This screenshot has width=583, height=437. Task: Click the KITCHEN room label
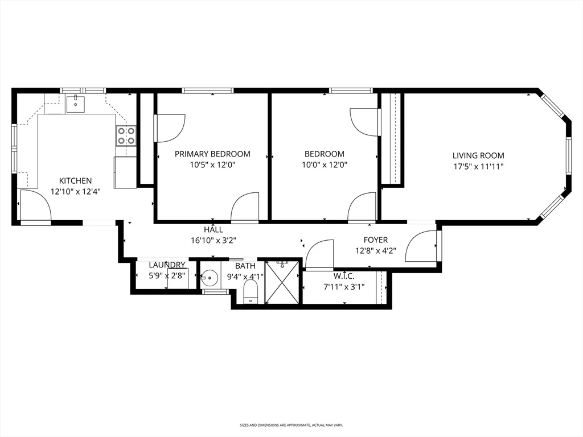[x=76, y=180]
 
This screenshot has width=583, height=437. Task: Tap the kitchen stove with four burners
[x=126, y=135]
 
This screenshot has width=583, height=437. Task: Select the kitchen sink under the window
[x=76, y=104]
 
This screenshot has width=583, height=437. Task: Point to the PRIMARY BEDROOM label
[x=212, y=154]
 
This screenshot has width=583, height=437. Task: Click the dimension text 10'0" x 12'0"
[x=324, y=164]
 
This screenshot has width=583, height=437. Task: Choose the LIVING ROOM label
[x=478, y=156]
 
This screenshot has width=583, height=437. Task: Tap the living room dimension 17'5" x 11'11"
[x=478, y=167]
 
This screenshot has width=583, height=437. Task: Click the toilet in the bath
[x=251, y=292]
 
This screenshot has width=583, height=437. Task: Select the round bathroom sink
[x=210, y=278]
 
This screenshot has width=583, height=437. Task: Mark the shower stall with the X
[x=282, y=282]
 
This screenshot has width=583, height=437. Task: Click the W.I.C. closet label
[x=344, y=276]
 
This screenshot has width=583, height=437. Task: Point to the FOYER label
[x=376, y=240]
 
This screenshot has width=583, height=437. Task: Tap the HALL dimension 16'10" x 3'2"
[x=214, y=241]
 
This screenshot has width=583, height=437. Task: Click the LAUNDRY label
[x=167, y=265]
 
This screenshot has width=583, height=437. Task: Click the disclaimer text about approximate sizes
[x=291, y=424]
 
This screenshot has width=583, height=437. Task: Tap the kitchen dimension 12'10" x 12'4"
[x=76, y=192]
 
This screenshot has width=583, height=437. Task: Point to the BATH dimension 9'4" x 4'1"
[x=245, y=277]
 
